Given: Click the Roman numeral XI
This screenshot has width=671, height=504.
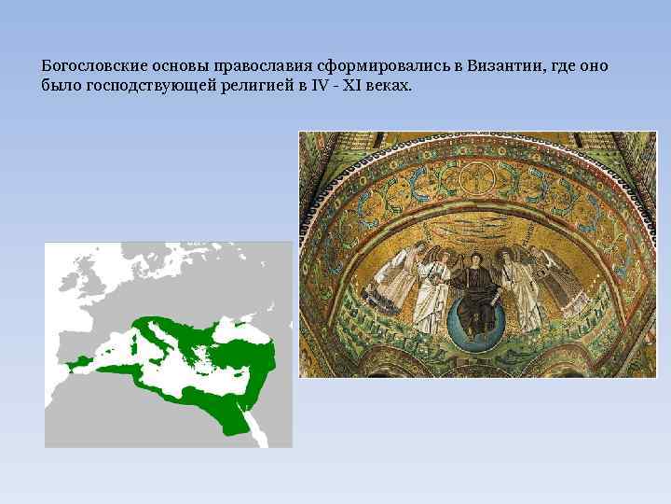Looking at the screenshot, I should click(356, 86).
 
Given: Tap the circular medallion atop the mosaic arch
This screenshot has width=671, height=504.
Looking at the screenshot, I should click(477, 176).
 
